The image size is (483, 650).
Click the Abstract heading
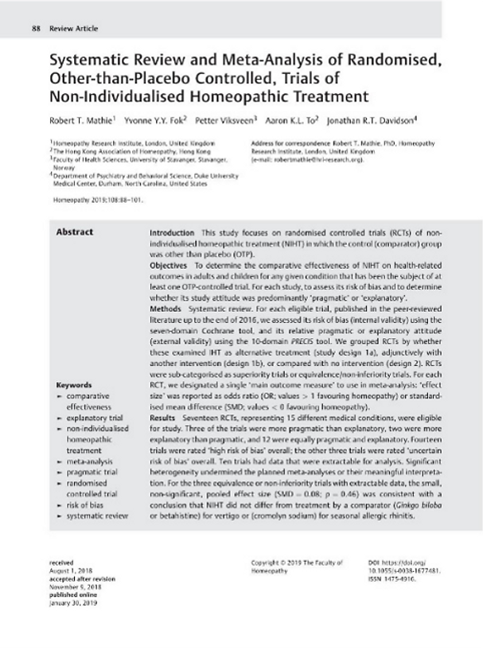(x=75, y=232)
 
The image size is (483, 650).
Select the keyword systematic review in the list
(x=97, y=516)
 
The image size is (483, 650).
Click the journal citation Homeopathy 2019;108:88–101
(x=95, y=200)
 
